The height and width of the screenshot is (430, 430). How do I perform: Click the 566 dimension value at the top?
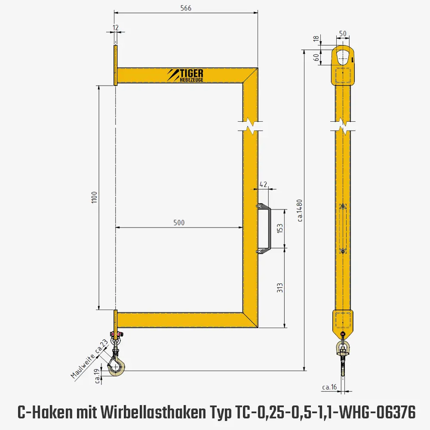186,8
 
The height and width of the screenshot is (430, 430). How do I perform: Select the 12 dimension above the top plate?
115,27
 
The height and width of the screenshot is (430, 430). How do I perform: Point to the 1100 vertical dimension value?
95,197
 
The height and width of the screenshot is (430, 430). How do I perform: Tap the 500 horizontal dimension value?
179,222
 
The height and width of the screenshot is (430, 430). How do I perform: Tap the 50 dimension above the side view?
343,34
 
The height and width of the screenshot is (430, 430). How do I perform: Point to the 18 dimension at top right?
316,39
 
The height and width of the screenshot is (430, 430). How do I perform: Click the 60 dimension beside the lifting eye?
316,57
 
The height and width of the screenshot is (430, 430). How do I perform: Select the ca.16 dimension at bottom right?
329,387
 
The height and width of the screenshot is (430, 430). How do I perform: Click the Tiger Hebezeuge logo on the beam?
186,75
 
